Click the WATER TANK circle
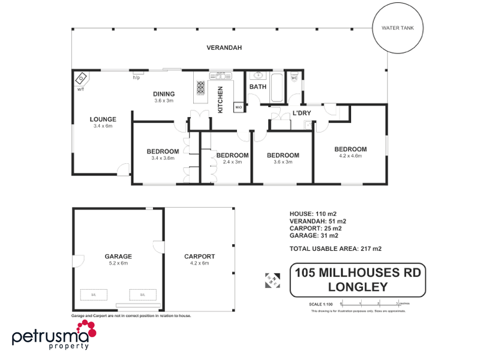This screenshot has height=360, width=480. click(x=398, y=28)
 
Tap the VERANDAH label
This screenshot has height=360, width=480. click(x=224, y=47)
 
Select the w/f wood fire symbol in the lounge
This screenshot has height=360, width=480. click(x=81, y=79)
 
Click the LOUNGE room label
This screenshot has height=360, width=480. click(x=103, y=119)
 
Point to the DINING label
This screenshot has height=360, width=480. click(x=164, y=94)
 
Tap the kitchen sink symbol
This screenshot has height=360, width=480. click(x=220, y=76)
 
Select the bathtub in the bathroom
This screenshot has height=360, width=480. click(x=277, y=87)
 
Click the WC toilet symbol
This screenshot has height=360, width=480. click(x=295, y=77)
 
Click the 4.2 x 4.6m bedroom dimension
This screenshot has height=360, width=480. click(x=350, y=156)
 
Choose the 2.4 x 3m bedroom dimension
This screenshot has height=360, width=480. click(x=232, y=162)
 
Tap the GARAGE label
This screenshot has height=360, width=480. click(x=118, y=256)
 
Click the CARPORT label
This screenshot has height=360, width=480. click(x=199, y=256)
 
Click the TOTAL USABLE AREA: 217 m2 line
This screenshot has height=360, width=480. click(x=335, y=248)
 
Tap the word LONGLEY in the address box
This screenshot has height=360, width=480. click(x=358, y=287)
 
